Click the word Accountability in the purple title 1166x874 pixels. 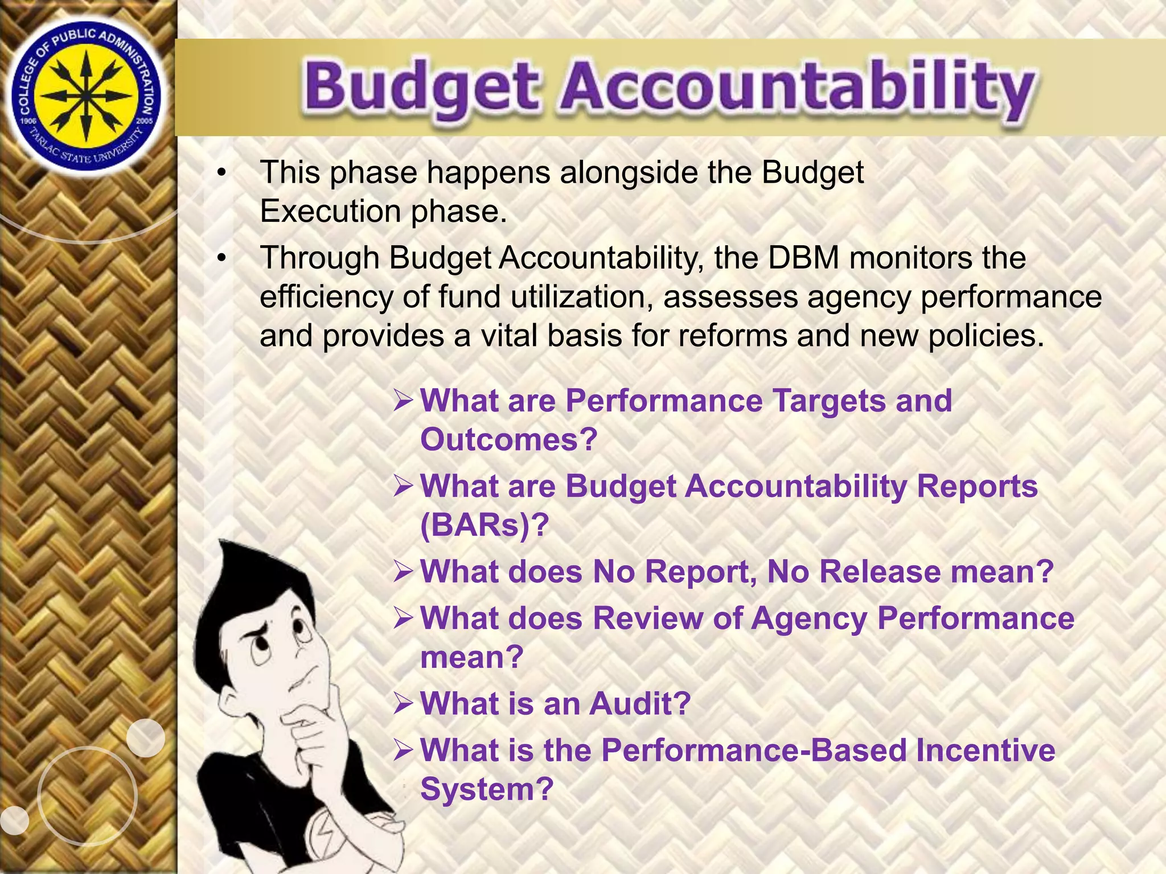point(797,88)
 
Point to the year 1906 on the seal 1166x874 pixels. point(28,121)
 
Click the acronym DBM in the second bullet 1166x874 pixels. point(803,258)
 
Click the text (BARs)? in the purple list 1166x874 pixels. point(485,525)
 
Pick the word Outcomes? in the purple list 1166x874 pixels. point(508,439)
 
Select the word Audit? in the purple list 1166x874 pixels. point(640,704)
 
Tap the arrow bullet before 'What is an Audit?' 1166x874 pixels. point(403,704)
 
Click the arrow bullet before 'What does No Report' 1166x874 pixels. point(403,572)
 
